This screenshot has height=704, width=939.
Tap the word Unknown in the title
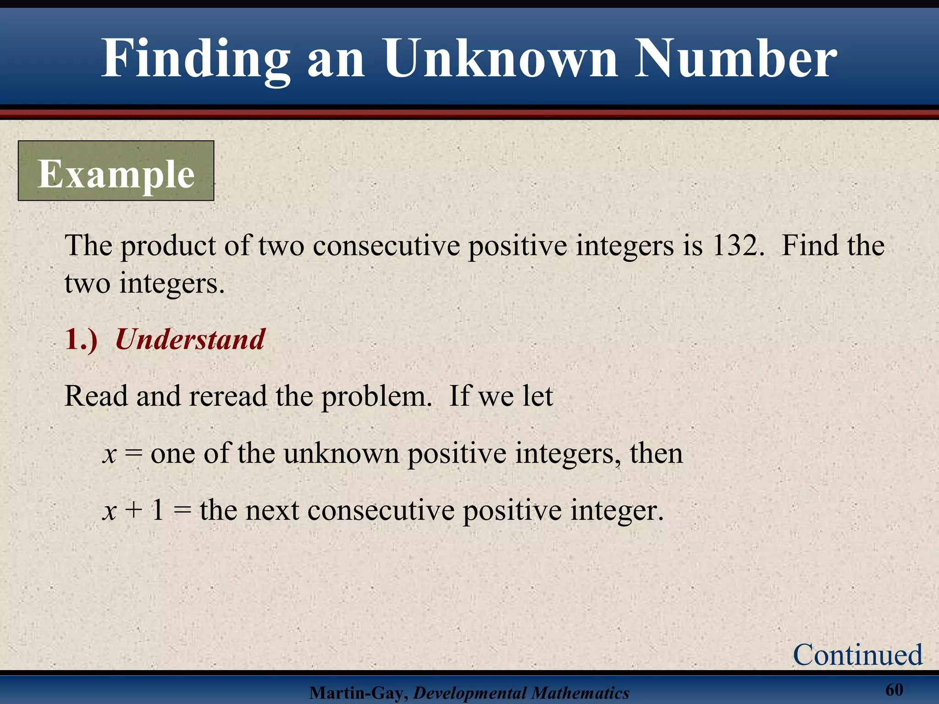(x=501, y=59)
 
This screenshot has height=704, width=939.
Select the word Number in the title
(x=736, y=59)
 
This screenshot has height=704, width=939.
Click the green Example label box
(x=116, y=171)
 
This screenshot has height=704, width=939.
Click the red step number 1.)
(x=81, y=340)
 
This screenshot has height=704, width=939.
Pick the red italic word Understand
(x=190, y=340)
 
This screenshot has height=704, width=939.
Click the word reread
(x=228, y=396)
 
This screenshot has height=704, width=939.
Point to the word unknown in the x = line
(x=341, y=454)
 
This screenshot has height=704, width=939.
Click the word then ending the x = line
(x=656, y=454)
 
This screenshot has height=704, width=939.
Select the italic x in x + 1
(x=109, y=511)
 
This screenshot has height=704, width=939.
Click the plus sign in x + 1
(x=133, y=511)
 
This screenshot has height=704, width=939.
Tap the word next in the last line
(x=272, y=511)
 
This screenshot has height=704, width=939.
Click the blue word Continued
(x=857, y=654)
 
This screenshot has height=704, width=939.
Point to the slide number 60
(x=894, y=689)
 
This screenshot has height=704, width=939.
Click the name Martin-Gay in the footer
(x=358, y=693)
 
